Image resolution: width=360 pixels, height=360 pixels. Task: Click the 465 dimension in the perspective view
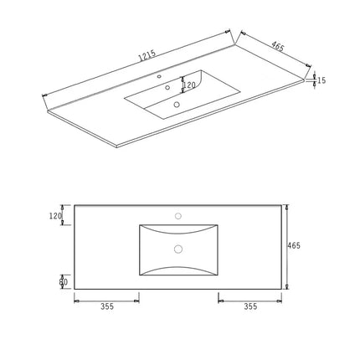(277, 47)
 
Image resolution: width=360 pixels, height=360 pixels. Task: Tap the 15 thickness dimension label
(322, 80)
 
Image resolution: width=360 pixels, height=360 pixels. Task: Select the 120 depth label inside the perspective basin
(189, 85)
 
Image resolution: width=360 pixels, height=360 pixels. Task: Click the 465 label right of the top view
(294, 246)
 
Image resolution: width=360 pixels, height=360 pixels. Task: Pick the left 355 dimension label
(107, 306)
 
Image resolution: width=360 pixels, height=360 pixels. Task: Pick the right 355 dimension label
(250, 306)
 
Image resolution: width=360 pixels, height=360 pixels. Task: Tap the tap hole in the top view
(177, 216)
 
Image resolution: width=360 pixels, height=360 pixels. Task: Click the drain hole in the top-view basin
(177, 249)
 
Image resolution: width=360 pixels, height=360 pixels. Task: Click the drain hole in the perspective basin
(177, 105)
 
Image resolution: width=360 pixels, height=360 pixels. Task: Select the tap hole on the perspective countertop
(160, 77)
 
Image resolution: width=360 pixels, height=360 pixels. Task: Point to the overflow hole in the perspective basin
(168, 87)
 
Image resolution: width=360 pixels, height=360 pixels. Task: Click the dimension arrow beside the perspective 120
(183, 85)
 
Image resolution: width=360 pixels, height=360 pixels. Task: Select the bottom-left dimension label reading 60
(63, 281)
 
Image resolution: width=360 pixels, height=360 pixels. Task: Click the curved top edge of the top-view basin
(177, 226)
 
